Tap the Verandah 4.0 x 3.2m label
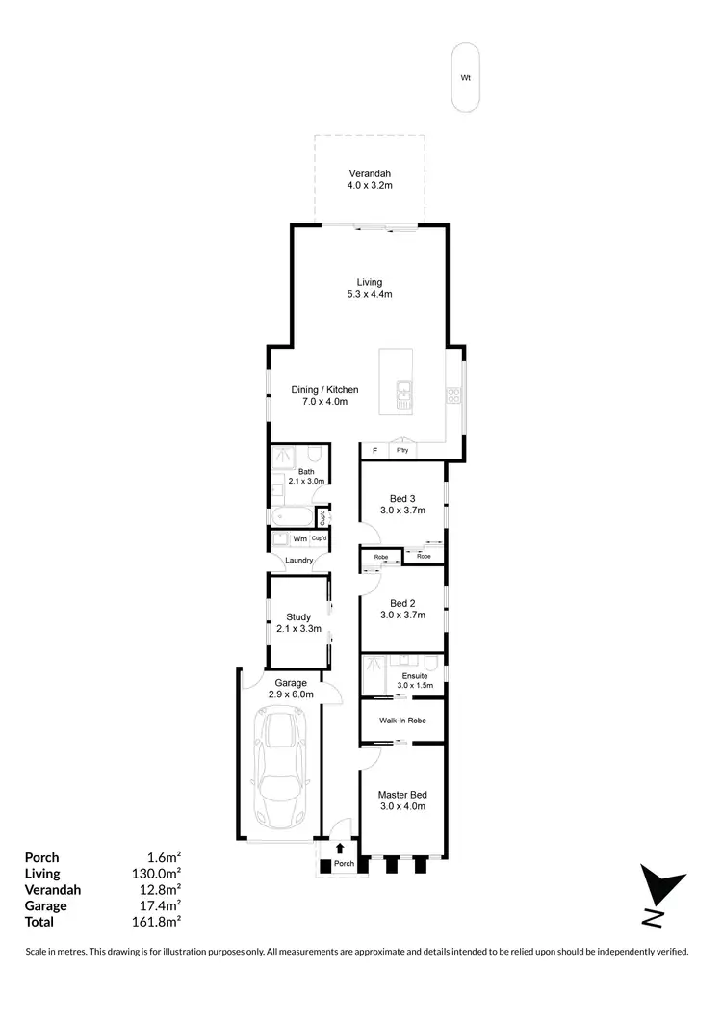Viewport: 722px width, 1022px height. click(371, 179)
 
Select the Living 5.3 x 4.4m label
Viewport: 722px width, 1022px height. click(370, 288)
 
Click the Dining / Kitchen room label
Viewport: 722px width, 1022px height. click(324, 396)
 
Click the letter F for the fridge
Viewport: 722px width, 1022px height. click(374, 450)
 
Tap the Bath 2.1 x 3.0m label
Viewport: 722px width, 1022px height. click(306, 475)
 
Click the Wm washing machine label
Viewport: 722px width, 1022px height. click(299, 538)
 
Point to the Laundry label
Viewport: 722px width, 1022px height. click(298, 561)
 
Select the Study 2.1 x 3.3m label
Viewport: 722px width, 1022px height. click(298, 622)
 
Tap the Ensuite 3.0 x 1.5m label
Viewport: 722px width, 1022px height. click(417, 680)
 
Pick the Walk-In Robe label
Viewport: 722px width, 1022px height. click(402, 720)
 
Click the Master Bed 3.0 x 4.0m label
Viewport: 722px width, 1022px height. click(401, 800)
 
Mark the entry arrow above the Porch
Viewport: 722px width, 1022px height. click(340, 849)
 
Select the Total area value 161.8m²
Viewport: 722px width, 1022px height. click(159, 921)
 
